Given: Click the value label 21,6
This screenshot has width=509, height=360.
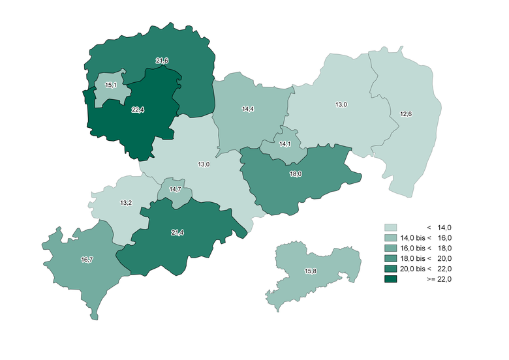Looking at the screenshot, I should (x=162, y=61).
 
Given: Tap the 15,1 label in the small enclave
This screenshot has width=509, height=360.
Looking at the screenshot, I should (x=111, y=85).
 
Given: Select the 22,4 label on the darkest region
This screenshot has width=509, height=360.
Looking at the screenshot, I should (x=138, y=110).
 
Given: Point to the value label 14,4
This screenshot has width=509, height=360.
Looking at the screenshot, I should (x=248, y=109).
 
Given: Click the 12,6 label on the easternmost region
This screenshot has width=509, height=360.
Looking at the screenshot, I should (x=405, y=114).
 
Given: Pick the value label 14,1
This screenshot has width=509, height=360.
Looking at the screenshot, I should (x=285, y=144).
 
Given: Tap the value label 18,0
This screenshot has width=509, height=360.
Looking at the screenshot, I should (x=296, y=174).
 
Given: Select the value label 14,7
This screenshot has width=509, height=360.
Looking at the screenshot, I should (x=175, y=189).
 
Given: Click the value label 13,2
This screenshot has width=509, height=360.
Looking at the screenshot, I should (x=126, y=203).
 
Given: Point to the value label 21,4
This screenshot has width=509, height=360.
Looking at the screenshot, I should (x=177, y=233).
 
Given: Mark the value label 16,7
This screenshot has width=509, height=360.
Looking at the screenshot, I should (x=86, y=260).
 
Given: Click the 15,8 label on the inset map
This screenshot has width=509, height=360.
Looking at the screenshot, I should (x=311, y=271).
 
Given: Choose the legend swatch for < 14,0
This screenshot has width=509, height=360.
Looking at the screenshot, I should (x=391, y=227).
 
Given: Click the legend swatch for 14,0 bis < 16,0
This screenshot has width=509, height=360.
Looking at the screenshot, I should (x=391, y=237).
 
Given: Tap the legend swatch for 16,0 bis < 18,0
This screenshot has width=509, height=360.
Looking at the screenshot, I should (x=391, y=248).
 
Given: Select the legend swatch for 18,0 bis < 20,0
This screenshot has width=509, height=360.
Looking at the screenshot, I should (x=391, y=258).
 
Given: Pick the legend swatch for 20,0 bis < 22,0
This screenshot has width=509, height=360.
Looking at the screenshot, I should (x=391, y=269).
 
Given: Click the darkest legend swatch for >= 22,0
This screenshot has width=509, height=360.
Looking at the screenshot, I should (x=391, y=279).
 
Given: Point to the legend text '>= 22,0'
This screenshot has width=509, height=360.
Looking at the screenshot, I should (x=439, y=279).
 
